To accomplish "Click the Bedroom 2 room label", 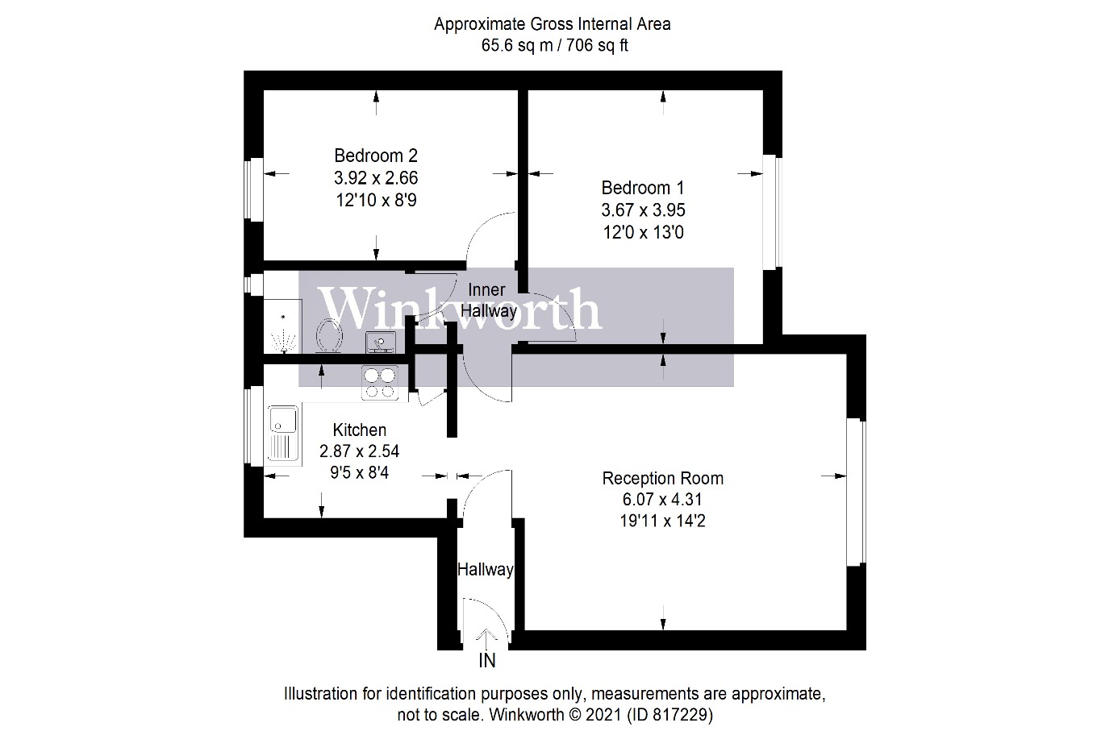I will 376,155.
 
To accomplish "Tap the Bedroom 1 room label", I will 642,188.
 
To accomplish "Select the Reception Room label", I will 662,478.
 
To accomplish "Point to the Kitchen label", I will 359,430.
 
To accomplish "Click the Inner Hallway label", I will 487,300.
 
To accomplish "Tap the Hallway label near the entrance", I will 485,569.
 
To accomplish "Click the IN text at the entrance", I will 487,661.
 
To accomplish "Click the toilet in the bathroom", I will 329,336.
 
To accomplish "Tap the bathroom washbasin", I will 380,343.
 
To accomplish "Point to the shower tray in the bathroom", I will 282,326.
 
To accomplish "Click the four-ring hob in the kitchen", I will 381,383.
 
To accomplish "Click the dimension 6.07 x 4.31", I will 662,500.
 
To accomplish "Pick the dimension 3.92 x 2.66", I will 376,177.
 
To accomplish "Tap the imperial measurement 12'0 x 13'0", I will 642,233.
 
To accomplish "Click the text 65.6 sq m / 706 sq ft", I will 554,45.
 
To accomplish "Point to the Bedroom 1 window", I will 772,210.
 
